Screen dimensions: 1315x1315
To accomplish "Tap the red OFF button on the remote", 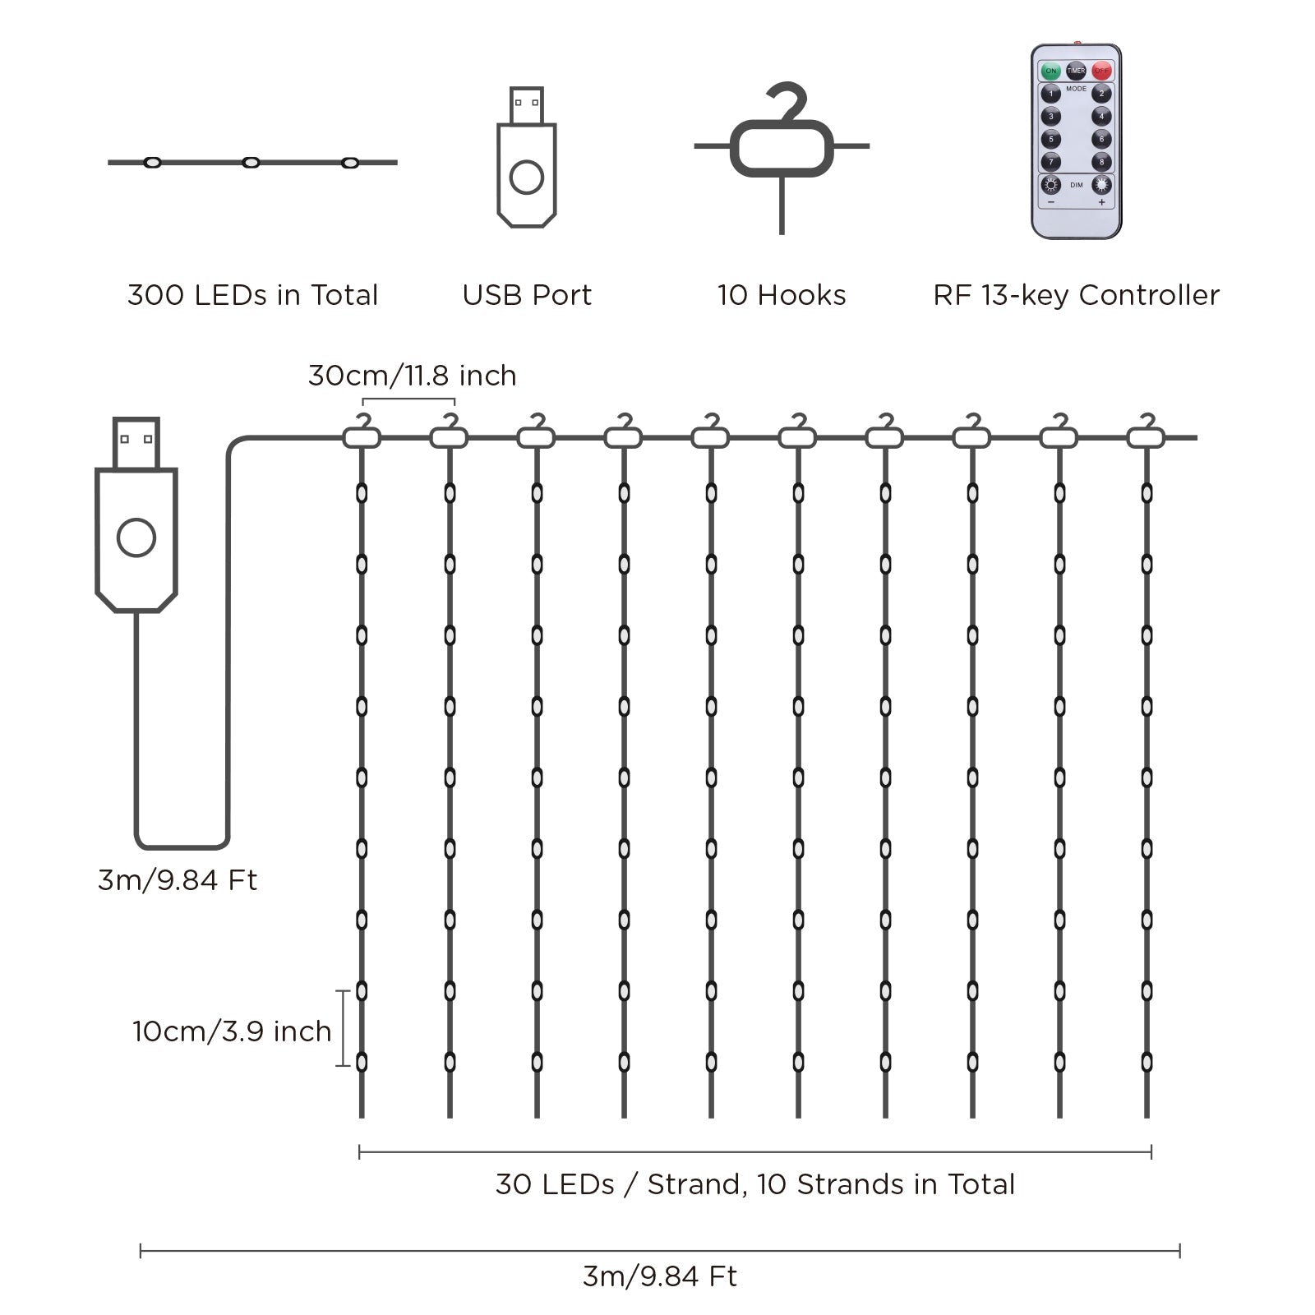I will [1101, 72].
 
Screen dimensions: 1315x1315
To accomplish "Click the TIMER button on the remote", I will [1076, 72].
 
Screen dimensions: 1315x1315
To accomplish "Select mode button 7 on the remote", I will [1050, 162].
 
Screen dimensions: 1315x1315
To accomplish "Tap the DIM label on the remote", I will [1077, 186].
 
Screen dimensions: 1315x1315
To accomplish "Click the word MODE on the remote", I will [1076, 89].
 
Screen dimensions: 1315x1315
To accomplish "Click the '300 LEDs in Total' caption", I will [252, 295].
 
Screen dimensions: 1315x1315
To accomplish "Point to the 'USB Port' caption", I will [527, 295].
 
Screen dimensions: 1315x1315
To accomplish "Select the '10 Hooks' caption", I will [782, 295].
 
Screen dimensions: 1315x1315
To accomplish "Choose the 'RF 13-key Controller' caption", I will [1076, 295].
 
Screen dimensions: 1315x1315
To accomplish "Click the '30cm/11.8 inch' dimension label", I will [412, 376].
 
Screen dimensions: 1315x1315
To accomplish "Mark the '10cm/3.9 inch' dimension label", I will [232, 1031].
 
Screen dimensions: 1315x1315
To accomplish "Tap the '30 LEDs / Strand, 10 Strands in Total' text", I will [754, 1184].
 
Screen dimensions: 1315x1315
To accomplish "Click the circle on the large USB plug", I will [136, 538].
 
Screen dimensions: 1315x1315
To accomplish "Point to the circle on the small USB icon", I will [527, 178].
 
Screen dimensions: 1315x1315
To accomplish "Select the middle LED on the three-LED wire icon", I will [251, 163].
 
